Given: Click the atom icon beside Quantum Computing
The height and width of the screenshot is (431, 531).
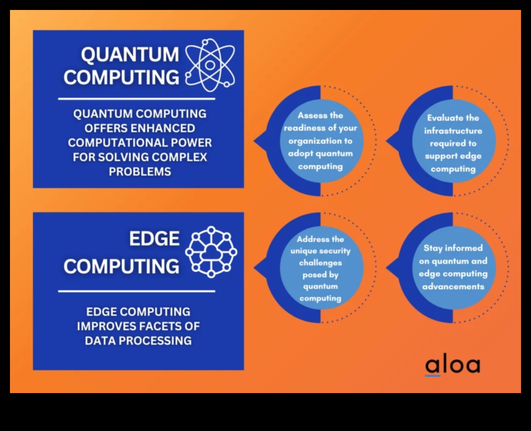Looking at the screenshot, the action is pos(210,65).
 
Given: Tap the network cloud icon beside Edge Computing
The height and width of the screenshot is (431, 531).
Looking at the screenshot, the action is pos(211,252).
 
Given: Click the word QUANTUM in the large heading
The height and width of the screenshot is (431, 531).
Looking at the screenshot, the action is pos(130,54).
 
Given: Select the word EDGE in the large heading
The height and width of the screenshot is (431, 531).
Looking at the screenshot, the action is pos(154,238).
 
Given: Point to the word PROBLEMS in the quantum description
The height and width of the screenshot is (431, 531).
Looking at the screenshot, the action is pos(140,172).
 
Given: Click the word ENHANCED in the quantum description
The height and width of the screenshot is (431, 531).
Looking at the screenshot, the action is pos(163,128).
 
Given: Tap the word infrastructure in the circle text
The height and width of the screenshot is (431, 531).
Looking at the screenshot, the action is pos(453,131).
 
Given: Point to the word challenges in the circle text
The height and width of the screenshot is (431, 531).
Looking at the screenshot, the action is pos(320,263).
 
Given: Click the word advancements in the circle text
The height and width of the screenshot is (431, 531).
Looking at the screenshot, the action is pos(453,286).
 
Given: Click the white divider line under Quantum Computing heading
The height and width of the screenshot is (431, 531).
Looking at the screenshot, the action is pos(136,99).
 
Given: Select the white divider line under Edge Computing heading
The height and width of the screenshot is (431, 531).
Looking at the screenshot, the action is pos(136,291).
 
